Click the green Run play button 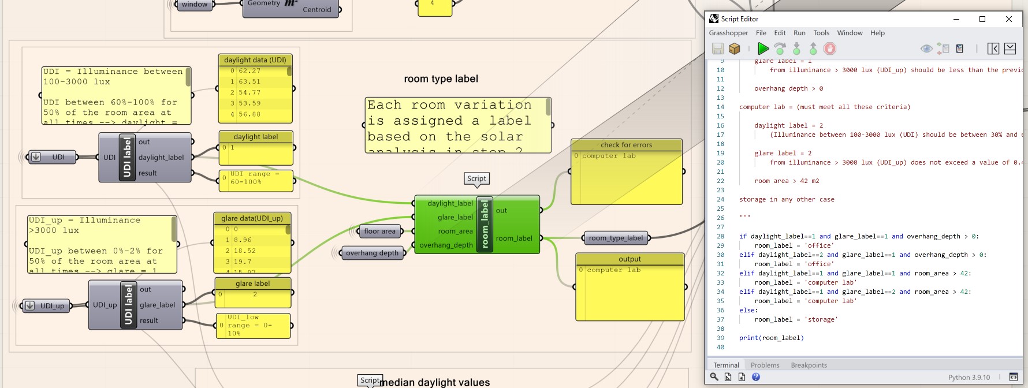coord(763,48)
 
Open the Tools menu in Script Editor coord(821,33)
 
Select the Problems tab coord(765,365)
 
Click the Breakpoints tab coord(809,365)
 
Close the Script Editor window coord(1008,19)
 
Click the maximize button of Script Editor coord(982,19)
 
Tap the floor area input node coord(379,231)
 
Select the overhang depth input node coord(372,253)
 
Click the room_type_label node coord(616,238)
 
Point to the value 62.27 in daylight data coord(249,71)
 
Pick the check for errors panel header coord(626,145)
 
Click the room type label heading coord(441,79)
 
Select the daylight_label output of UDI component coord(161,157)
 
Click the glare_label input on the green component coord(455,217)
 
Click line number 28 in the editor coord(720,236)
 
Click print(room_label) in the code coord(771,338)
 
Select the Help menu coord(877,33)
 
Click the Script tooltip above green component coord(476,178)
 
